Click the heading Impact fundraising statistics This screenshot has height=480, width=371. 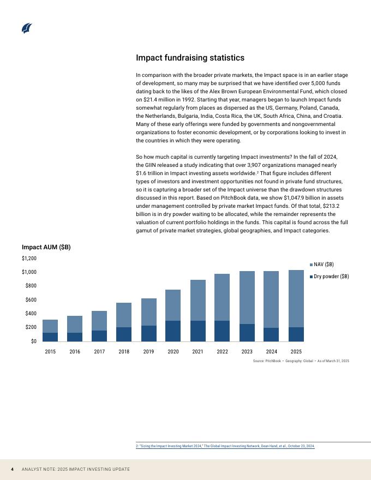click(x=190, y=58)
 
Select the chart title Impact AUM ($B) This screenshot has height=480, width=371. click(x=46, y=247)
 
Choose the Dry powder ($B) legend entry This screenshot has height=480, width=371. click(x=329, y=277)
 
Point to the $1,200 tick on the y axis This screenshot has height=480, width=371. click(x=29, y=258)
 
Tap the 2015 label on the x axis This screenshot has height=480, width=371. click(x=50, y=352)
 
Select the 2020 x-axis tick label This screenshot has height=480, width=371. click(x=173, y=352)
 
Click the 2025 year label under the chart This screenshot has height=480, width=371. click(x=296, y=352)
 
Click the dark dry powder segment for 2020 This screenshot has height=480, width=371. click(x=173, y=331)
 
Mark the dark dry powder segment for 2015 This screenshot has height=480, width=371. click(x=50, y=337)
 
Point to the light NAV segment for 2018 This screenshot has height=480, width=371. click(x=124, y=315)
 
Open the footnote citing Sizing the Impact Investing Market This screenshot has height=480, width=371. click(x=225, y=446)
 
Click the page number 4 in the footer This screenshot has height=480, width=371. click(x=13, y=470)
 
